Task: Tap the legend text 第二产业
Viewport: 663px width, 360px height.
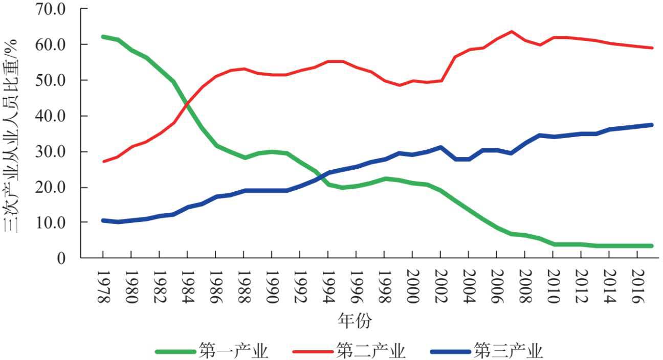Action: click(371, 351)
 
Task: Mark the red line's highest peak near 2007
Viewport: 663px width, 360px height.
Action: click(511, 32)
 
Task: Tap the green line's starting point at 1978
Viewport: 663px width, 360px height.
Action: click(103, 37)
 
